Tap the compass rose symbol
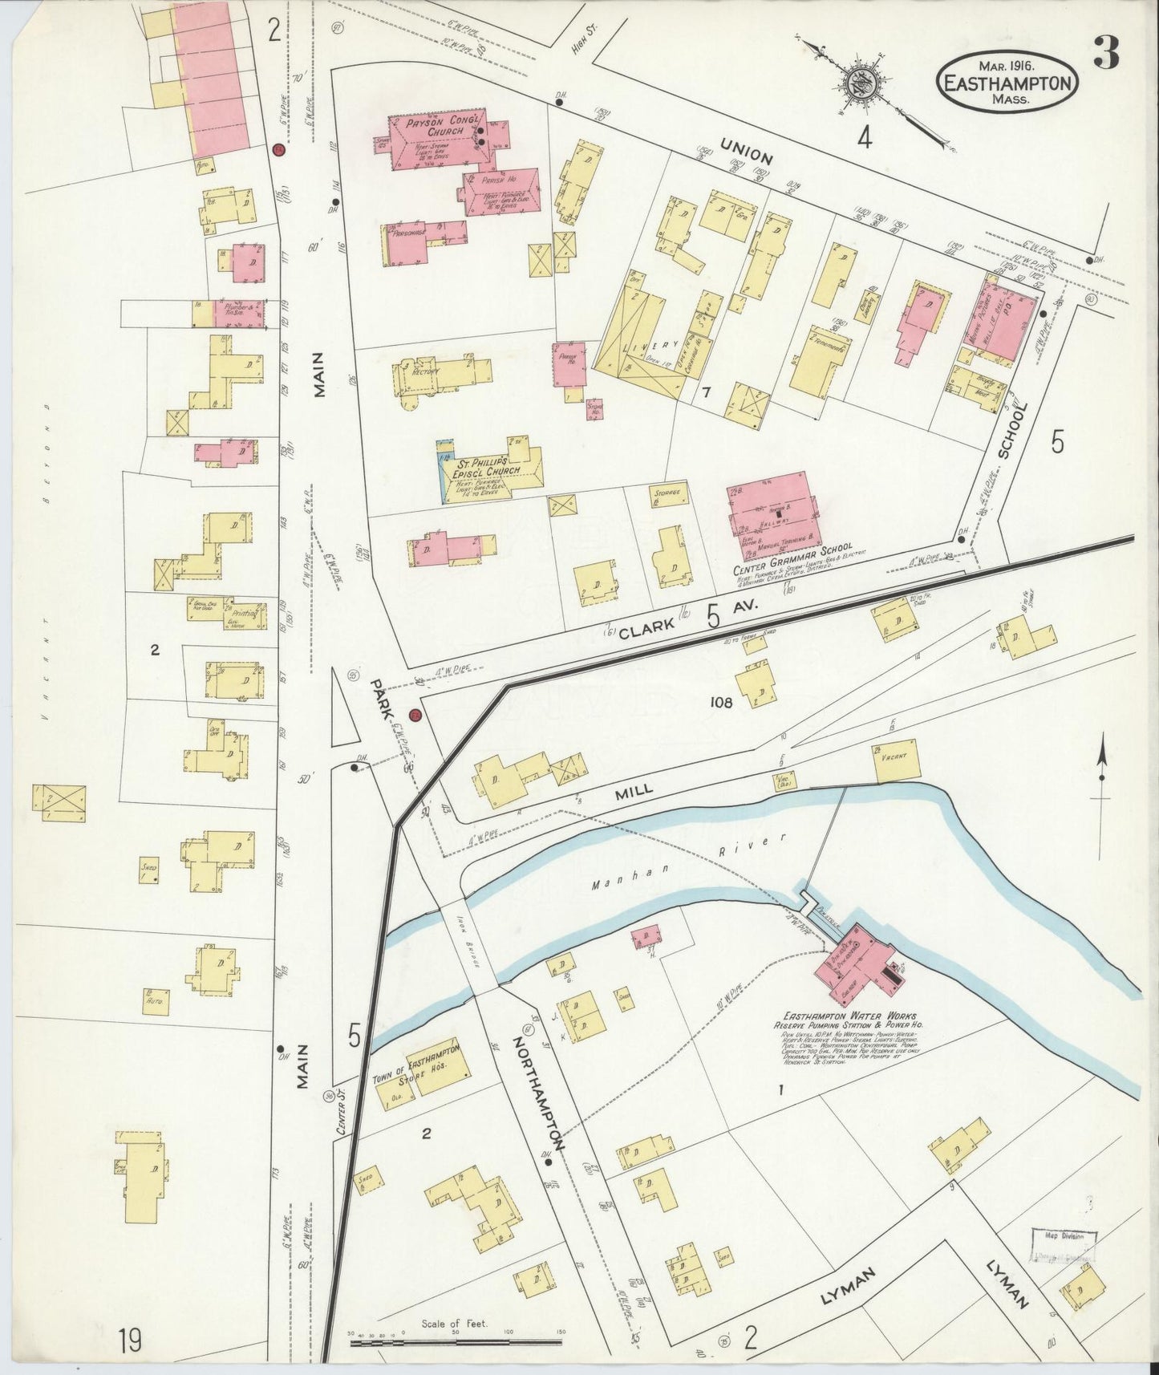[863, 80]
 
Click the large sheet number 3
[1107, 55]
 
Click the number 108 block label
[722, 703]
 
